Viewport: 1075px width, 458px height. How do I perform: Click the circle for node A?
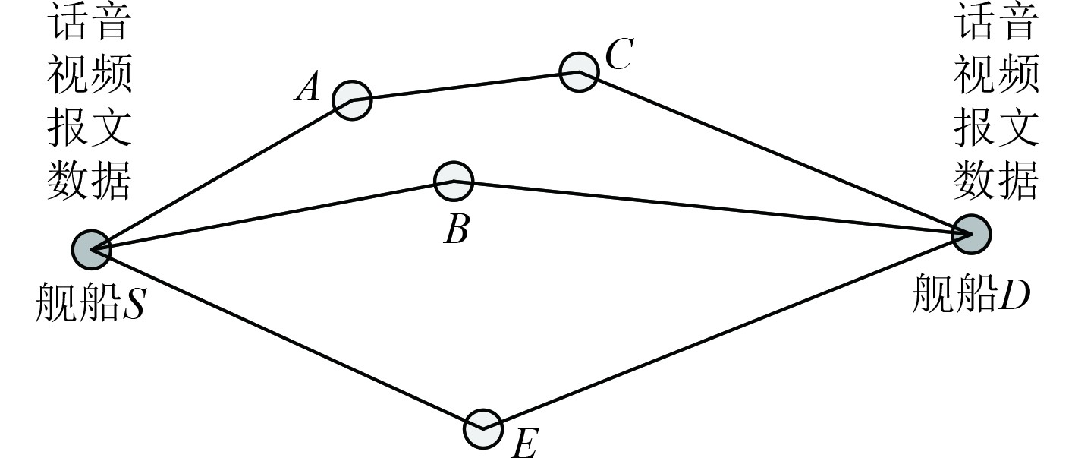(352, 100)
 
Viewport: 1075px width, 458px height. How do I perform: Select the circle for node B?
(454, 181)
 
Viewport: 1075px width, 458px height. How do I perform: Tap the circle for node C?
(579, 72)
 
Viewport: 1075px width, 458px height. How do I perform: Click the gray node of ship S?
(92, 249)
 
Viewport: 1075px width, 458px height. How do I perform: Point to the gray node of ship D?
(972, 234)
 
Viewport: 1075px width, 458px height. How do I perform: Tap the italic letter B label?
(456, 229)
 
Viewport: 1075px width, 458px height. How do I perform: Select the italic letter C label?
(619, 55)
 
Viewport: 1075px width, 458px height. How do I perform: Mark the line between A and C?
(464, 86)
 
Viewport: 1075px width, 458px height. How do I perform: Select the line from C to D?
(774, 152)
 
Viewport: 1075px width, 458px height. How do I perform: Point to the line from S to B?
(273, 215)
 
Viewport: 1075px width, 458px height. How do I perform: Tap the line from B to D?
(713, 207)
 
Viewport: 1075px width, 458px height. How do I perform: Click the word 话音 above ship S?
(90, 24)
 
